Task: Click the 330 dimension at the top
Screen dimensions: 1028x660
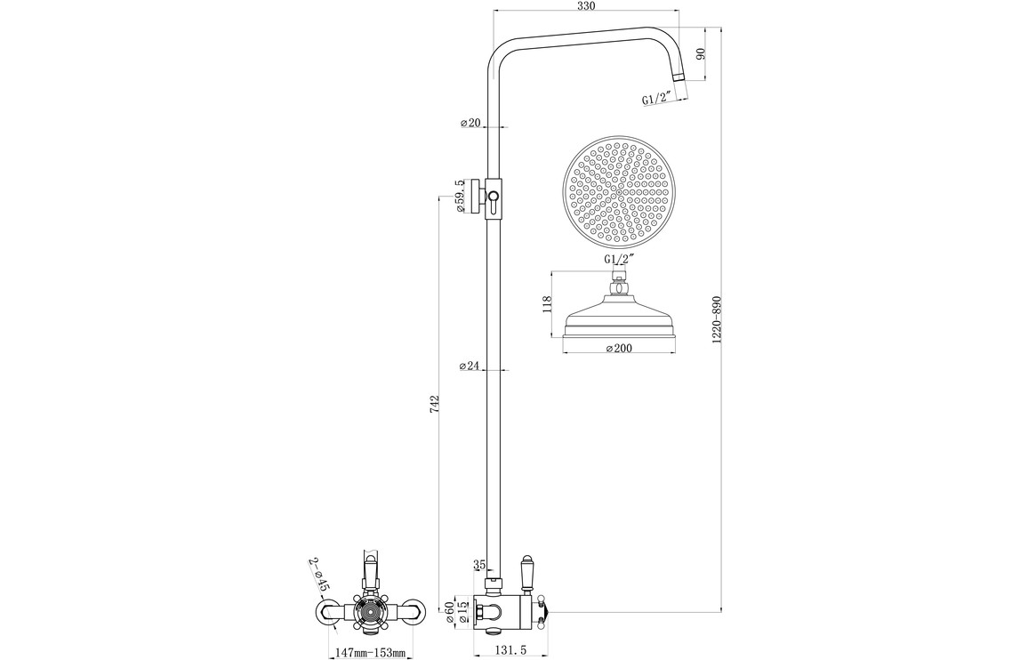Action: coord(585,6)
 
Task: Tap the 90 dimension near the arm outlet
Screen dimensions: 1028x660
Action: coord(700,53)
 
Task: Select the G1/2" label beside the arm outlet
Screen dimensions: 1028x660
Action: coord(655,99)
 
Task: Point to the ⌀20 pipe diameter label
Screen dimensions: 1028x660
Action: coord(470,123)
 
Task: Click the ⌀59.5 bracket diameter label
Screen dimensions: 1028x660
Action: coord(461,196)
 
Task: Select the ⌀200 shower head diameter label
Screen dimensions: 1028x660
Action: coord(618,349)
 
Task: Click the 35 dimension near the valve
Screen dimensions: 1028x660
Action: coord(479,564)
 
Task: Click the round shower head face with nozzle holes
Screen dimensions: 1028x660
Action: coord(619,191)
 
